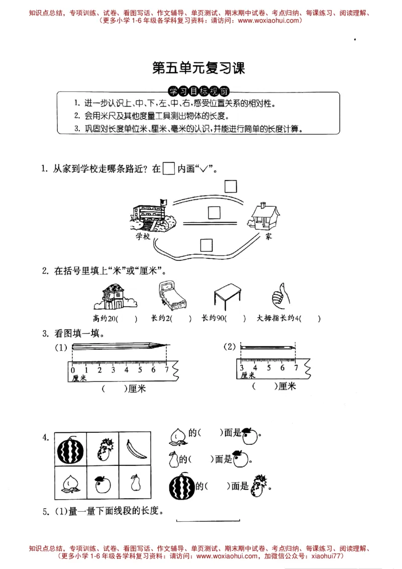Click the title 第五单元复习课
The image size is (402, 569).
[x=198, y=68]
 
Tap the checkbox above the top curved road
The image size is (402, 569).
[x=231, y=186]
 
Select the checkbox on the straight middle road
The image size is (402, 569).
[x=215, y=214]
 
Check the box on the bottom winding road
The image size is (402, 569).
[x=207, y=245]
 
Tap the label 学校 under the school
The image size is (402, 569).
[x=143, y=236]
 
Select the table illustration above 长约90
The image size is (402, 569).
[x=229, y=297]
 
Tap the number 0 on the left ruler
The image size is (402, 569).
[x=73, y=370]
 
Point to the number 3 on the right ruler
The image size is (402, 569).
[x=242, y=368]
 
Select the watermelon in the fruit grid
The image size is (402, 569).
[x=70, y=449]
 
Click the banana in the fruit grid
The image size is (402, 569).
[x=135, y=448]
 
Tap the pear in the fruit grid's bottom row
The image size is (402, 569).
[x=135, y=483]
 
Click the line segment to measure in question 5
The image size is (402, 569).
[x=208, y=521]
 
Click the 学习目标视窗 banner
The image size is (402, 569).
[x=198, y=91]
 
